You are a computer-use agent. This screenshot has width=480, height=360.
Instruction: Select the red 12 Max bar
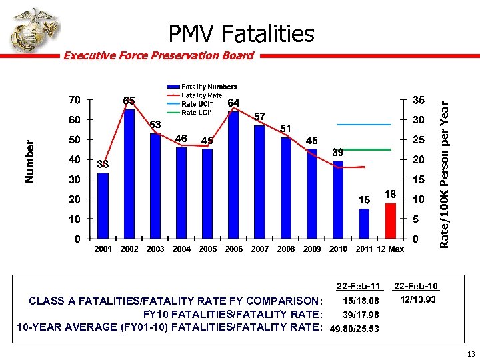pyautogui.click(x=389, y=221)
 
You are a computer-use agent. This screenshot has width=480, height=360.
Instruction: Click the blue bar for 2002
pyautogui.click(x=129, y=174)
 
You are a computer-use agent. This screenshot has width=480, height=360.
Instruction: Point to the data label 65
pyautogui.click(x=129, y=101)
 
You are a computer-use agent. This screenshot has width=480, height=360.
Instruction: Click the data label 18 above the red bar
pyautogui.click(x=390, y=193)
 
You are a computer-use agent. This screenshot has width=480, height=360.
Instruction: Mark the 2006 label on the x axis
pyautogui.click(x=233, y=249)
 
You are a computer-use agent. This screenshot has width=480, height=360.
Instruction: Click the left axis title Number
pyautogui.click(x=29, y=162)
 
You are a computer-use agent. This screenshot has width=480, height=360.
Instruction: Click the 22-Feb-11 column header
pyautogui.click(x=359, y=286)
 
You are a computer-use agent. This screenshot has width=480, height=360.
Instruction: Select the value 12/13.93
pyautogui.click(x=418, y=300)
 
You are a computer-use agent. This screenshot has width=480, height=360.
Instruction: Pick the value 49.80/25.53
pyautogui.click(x=355, y=329)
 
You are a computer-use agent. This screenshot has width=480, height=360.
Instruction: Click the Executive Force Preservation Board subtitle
pyautogui.click(x=158, y=55)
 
